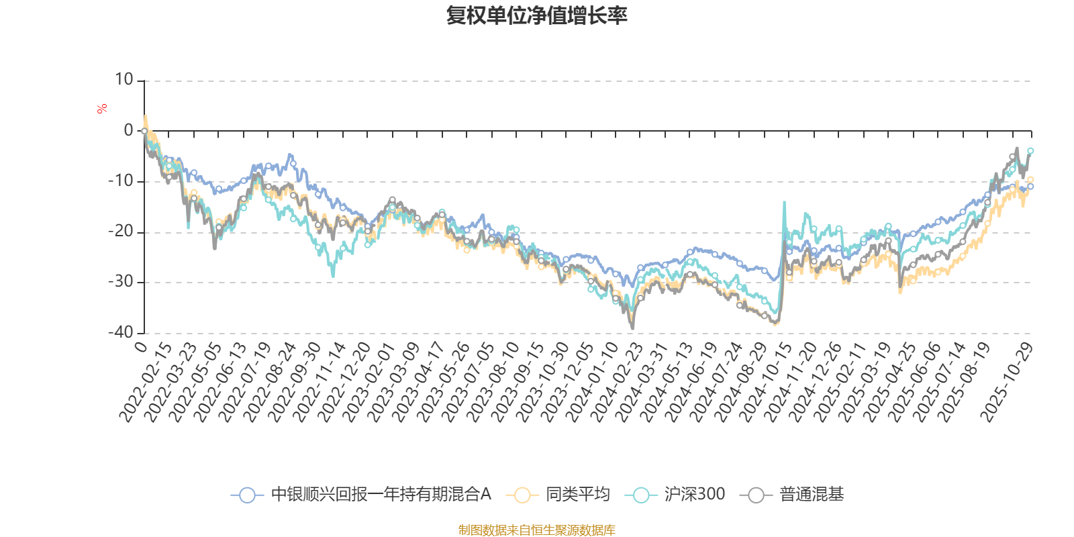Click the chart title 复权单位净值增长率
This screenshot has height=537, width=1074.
tap(536, 15)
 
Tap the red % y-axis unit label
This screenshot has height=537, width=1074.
tap(102, 109)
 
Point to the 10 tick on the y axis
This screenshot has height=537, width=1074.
tap(124, 80)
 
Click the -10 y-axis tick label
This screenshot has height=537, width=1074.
tap(121, 181)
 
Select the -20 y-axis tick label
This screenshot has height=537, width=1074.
tap(121, 232)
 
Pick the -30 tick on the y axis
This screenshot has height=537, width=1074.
tap(121, 282)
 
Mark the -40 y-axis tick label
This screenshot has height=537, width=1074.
tap(121, 332)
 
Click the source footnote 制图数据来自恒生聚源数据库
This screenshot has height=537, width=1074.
tap(536, 530)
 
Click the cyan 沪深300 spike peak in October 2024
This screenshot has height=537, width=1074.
tap(783, 201)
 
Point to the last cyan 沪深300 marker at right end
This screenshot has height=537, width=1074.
tap(1030, 150)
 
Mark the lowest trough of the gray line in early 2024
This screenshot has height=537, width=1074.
tap(632, 329)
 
